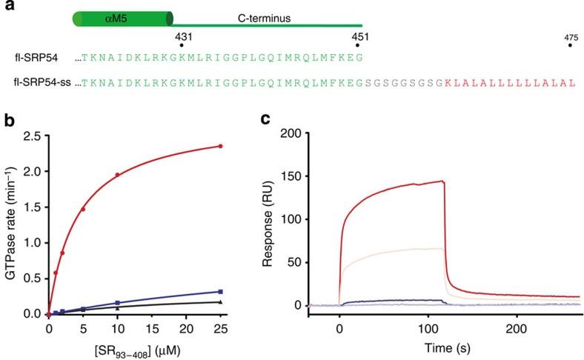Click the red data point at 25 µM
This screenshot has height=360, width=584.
click(x=221, y=147)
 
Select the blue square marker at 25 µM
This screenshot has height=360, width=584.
click(x=221, y=292)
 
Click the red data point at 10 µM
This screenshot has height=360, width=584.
click(x=117, y=176)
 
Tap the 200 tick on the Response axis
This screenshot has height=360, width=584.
click(x=299, y=133)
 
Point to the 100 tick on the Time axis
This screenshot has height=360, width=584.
click(x=428, y=327)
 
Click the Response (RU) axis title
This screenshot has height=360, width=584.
click(x=271, y=219)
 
